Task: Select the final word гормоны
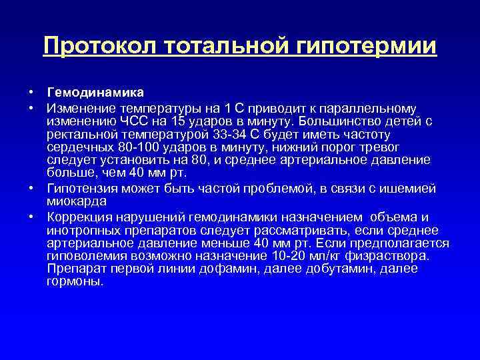coord(75,281)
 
